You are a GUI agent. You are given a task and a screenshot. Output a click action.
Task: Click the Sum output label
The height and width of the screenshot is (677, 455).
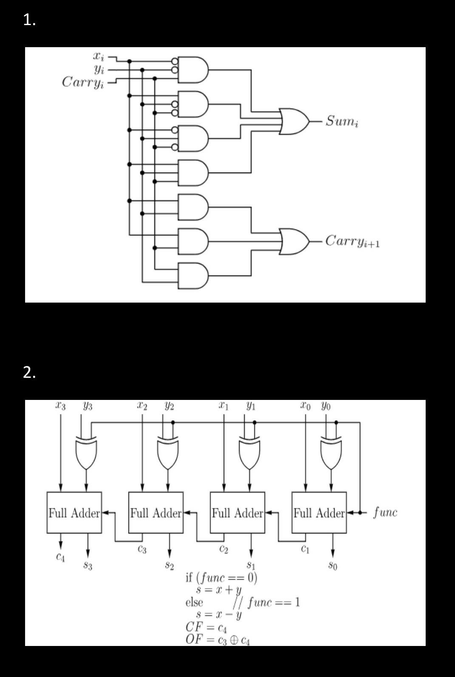coord(342,121)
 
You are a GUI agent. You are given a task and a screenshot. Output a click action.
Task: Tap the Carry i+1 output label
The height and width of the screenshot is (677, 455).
coord(353,241)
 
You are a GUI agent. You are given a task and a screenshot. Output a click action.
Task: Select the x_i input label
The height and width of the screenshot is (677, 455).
coord(98,56)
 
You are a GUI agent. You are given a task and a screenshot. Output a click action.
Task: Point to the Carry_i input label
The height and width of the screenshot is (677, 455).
coord(82,82)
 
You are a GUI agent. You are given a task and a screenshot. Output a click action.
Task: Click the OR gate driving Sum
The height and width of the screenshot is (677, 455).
coord(293,121)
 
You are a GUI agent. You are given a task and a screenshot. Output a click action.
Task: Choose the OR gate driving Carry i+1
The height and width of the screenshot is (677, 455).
coord(293,241)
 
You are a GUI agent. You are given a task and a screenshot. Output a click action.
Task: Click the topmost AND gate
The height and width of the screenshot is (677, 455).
coord(193,70)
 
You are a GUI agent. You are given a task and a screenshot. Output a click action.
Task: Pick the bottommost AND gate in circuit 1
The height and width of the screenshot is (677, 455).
coord(193,276)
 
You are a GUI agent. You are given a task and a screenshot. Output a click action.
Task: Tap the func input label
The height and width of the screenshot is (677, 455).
coord(385,512)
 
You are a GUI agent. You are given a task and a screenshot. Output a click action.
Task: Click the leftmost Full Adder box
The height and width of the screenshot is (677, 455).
coord(74,513)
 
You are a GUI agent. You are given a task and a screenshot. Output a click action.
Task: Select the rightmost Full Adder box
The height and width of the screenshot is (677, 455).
coord(319,513)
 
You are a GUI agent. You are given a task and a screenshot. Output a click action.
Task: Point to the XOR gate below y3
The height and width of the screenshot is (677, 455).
coord(86,453)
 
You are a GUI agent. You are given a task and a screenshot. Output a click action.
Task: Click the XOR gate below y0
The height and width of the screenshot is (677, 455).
coord(331,453)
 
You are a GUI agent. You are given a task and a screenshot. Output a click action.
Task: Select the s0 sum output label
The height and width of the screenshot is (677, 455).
coord(333,566)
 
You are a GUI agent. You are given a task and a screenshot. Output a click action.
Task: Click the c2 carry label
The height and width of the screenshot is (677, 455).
coord(224,550)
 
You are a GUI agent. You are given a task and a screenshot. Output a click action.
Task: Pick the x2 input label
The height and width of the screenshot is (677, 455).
coord(142,406)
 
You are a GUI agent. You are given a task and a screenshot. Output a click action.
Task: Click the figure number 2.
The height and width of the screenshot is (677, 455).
coord(29,373)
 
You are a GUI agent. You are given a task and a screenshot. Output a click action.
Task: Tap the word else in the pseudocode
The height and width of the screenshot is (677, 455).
coord(194,602)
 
